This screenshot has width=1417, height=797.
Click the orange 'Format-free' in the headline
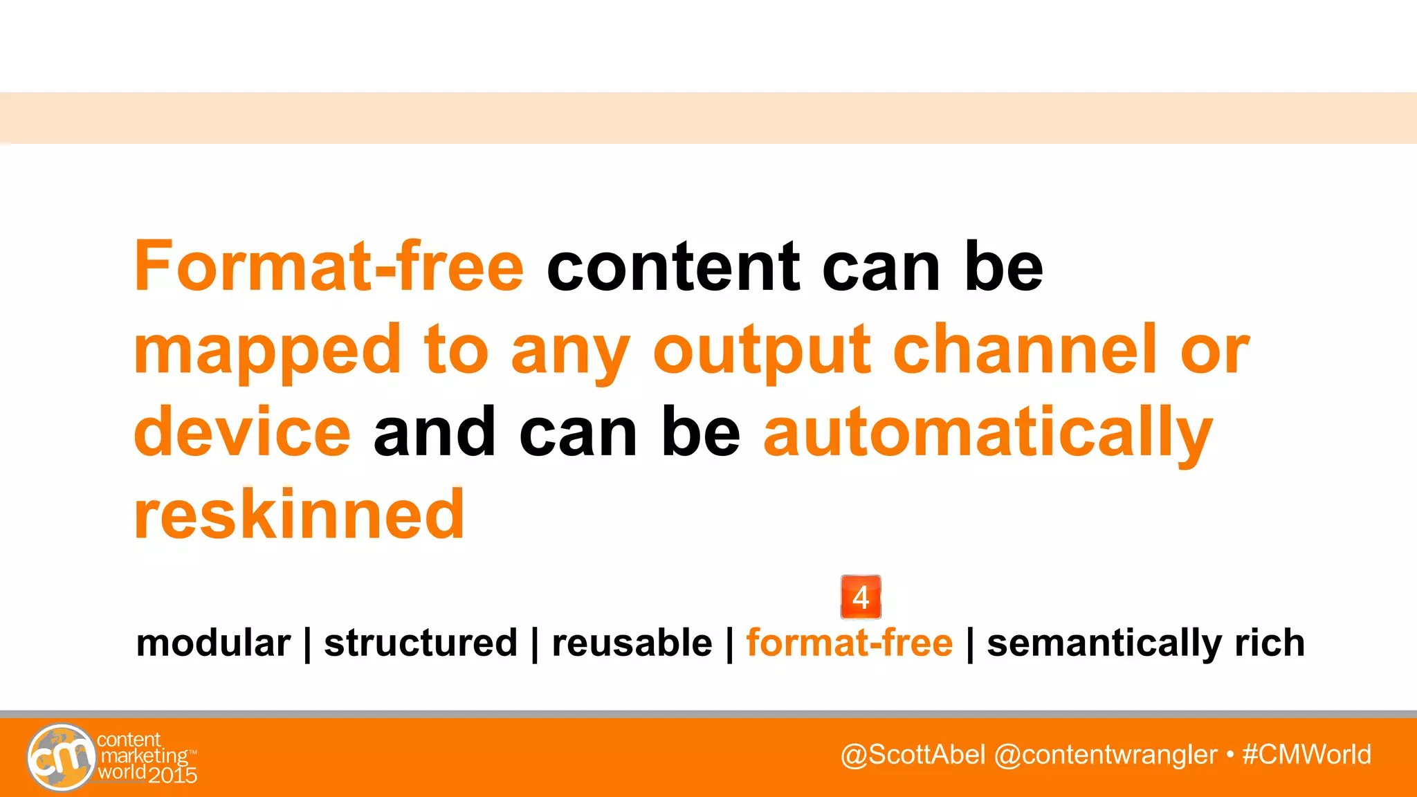[329, 266]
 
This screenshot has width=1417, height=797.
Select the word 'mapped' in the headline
[267, 351]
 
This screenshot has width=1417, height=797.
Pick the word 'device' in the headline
[242, 432]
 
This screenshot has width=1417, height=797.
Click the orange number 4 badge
[861, 597]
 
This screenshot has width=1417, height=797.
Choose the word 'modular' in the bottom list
[213, 643]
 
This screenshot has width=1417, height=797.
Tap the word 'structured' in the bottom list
[421, 643]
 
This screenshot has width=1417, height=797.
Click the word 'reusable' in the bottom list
[632, 643]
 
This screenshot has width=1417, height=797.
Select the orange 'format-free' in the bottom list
[850, 643]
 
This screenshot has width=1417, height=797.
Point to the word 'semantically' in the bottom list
[1104, 644]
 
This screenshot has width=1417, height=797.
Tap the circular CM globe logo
[61, 757]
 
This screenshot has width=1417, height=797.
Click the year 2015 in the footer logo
[172, 775]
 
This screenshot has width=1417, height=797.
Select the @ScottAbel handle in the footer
[913, 754]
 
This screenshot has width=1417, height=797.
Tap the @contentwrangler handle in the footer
[1105, 755]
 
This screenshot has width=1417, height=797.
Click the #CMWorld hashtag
[1306, 754]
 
